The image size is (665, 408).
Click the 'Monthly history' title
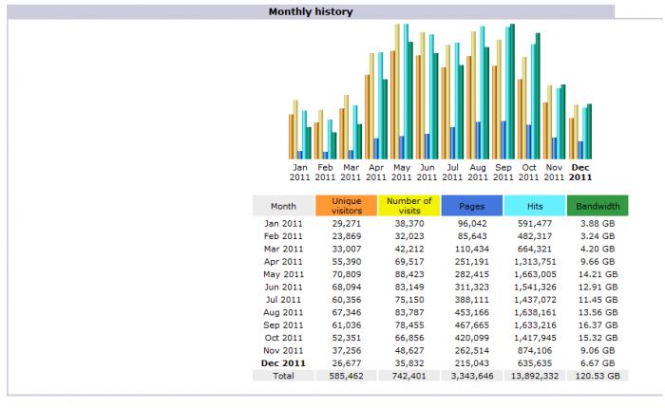[x=311, y=12]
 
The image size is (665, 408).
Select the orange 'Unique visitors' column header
[x=346, y=206]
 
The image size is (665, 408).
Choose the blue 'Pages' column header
[x=471, y=206]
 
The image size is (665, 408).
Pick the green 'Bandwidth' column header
[x=597, y=206]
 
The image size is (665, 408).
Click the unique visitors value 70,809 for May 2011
[x=346, y=274]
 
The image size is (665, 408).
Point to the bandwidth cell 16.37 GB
[x=597, y=325]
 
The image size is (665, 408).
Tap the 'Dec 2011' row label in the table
[x=283, y=362]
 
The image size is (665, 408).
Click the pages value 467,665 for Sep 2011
[x=471, y=325]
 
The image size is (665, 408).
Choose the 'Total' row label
[x=283, y=376]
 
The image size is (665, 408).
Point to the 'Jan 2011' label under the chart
[x=300, y=172]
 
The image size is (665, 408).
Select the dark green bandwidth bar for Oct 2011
[x=537, y=96]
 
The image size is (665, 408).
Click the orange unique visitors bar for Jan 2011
[x=292, y=137]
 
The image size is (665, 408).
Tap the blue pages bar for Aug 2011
[x=478, y=139]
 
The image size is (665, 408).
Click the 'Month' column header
[x=283, y=206]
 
